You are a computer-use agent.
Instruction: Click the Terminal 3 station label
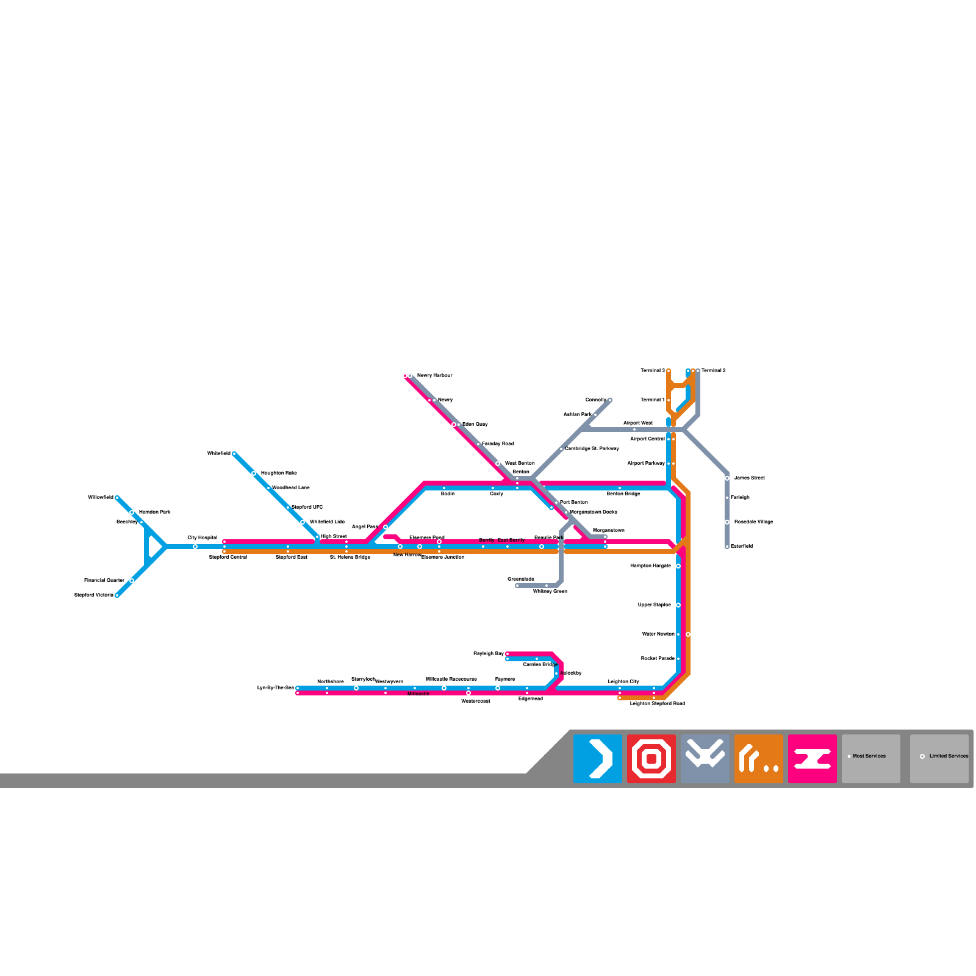(x=652, y=371)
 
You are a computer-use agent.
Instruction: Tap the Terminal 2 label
(x=713, y=371)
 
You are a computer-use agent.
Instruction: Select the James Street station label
(x=749, y=478)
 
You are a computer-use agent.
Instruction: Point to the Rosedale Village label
(x=753, y=522)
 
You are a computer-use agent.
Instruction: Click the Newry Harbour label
(x=434, y=376)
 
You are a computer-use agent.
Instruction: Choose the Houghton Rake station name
(x=279, y=473)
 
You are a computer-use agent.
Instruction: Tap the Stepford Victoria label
(x=94, y=595)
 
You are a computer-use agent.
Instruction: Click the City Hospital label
(x=202, y=538)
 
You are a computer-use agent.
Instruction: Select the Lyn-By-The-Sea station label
(x=275, y=688)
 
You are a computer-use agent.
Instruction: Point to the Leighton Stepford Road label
(x=657, y=704)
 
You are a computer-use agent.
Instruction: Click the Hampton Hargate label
(x=650, y=566)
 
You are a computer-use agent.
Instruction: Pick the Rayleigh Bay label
(x=489, y=654)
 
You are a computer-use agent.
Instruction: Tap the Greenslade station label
(x=520, y=579)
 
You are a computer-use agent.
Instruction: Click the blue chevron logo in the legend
(x=598, y=759)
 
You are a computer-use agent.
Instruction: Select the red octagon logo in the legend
(x=651, y=759)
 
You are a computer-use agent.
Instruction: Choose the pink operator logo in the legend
(x=813, y=759)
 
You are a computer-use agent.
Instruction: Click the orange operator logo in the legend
(x=759, y=759)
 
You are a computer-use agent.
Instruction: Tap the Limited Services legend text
(x=949, y=756)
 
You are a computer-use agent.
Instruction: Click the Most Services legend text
(x=869, y=756)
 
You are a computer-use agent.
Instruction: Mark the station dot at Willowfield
(x=117, y=498)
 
